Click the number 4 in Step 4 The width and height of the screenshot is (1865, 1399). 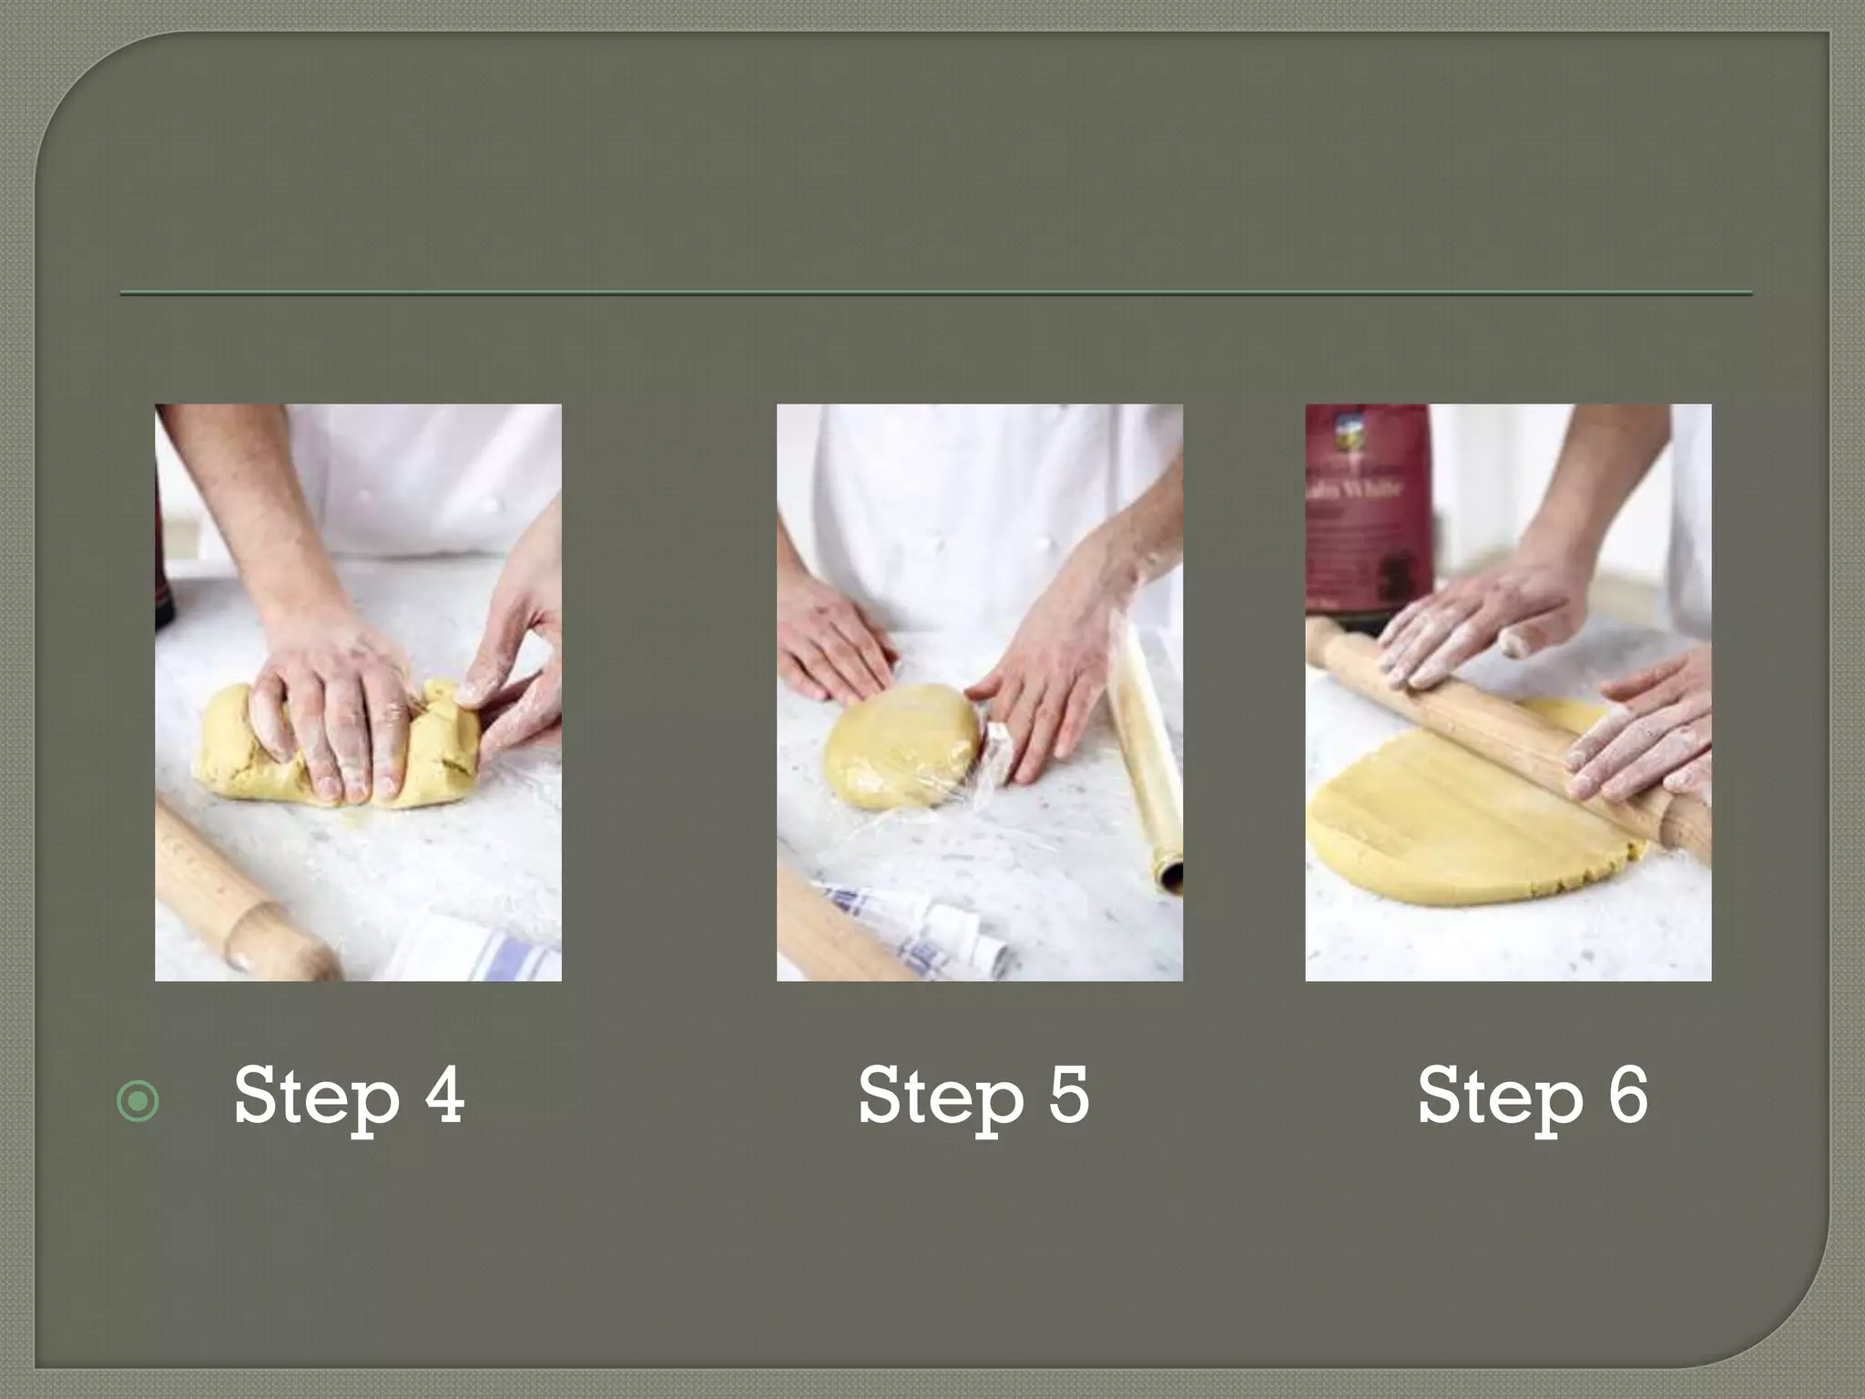pos(444,1095)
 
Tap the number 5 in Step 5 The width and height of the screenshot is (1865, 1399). pos(1068,1095)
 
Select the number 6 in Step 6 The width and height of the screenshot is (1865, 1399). pos(1627,1095)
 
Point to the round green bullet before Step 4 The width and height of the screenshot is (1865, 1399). pos(138,1102)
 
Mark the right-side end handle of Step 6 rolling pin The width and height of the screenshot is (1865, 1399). pos(1685,824)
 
